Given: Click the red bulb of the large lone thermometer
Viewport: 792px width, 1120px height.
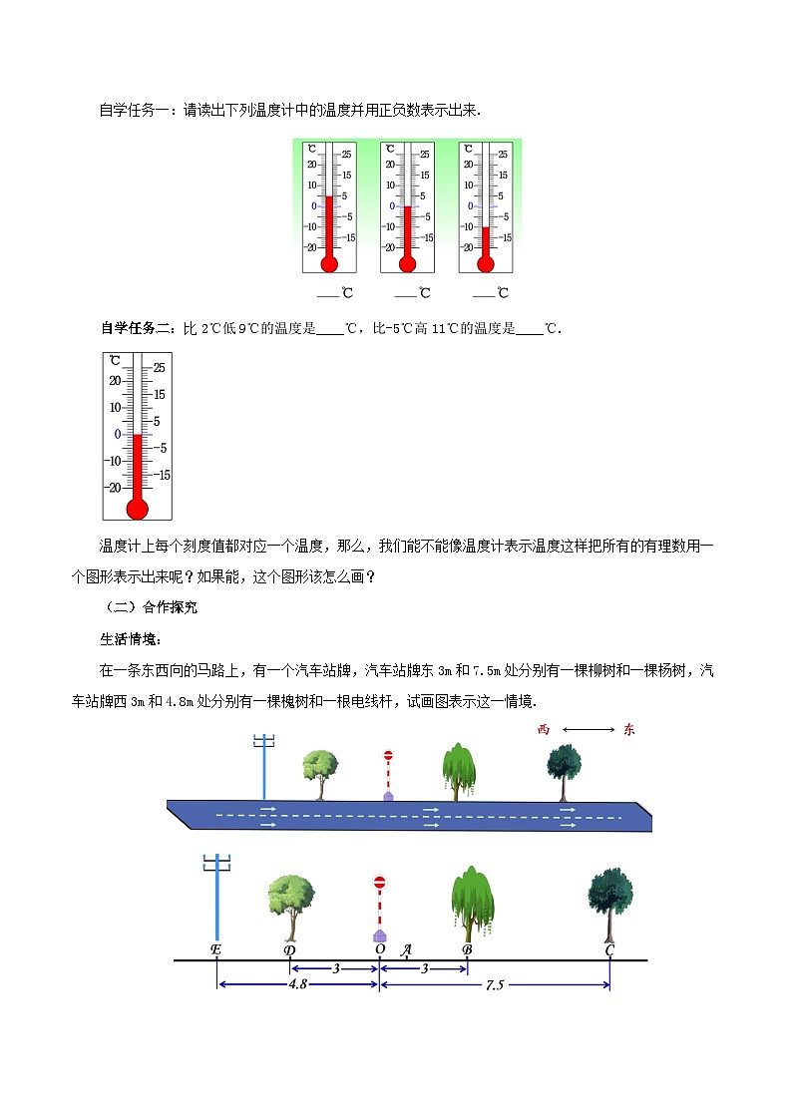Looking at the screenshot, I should tap(138, 508).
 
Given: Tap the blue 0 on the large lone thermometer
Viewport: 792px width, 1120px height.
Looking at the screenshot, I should tap(118, 434).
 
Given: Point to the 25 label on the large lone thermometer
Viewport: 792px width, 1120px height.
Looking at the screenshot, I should tap(160, 367).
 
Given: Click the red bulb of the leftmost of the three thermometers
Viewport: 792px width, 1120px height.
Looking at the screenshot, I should tap(328, 264).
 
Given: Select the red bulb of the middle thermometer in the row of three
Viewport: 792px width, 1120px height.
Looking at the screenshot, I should tap(407, 264).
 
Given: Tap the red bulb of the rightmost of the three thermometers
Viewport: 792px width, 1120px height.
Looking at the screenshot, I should tap(486, 264).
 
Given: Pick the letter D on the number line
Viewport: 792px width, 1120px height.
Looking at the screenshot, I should tap(289, 949).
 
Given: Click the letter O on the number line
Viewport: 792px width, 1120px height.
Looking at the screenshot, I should tap(380, 949).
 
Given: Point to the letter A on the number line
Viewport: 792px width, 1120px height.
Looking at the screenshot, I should tap(406, 949).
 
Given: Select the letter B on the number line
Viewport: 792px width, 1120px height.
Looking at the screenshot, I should tap(467, 949).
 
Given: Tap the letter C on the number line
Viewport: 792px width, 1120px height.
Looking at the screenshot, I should tap(609, 949).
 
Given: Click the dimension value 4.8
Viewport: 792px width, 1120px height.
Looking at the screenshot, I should tap(296, 983).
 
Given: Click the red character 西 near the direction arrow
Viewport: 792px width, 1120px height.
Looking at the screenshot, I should tap(544, 730).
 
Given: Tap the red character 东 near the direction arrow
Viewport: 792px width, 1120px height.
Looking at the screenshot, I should tap(628, 730).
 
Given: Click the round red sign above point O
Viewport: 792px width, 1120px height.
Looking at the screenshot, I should tap(379, 883).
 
